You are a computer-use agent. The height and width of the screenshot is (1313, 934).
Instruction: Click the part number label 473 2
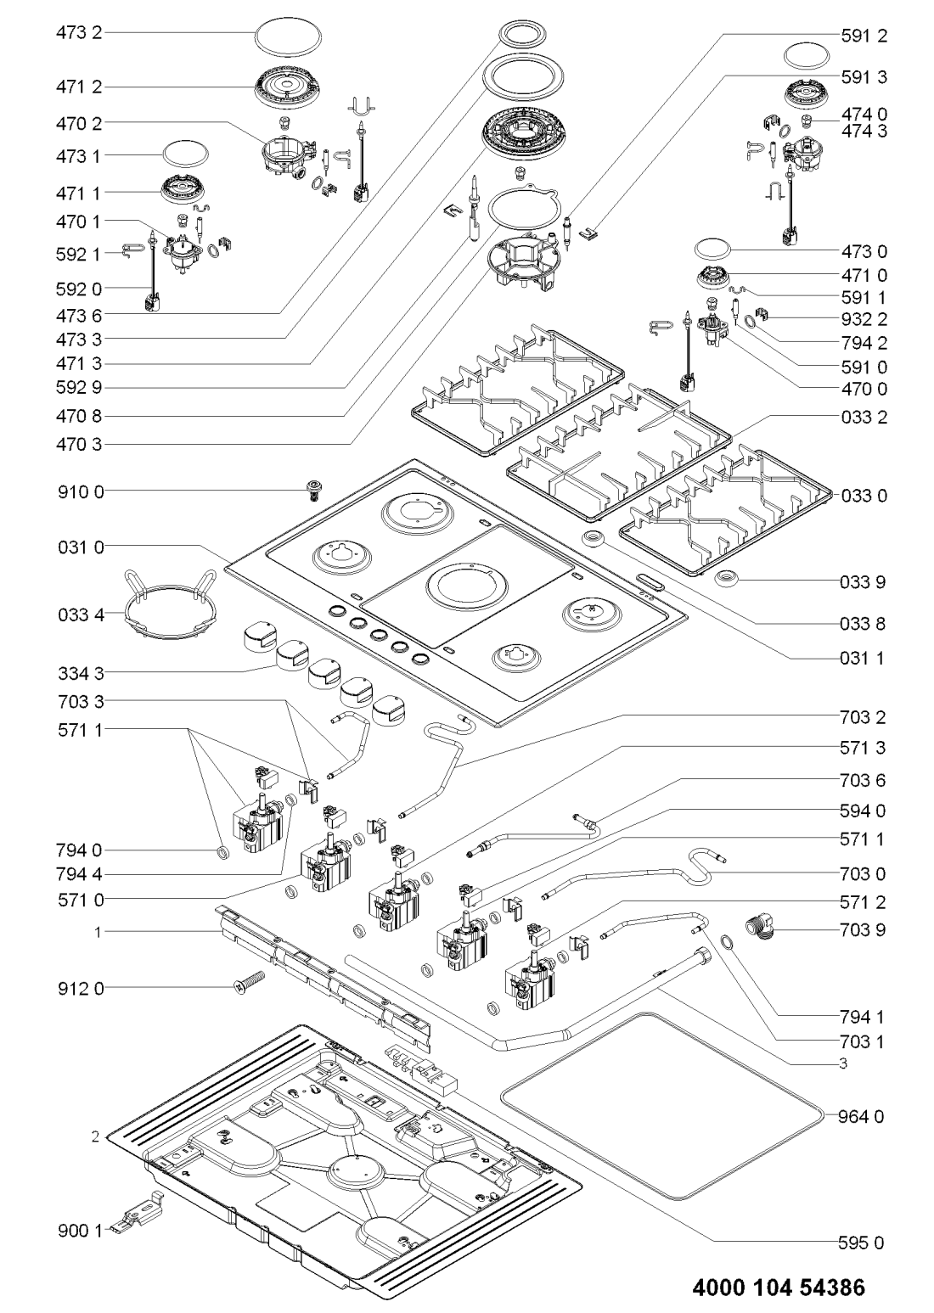point(80,35)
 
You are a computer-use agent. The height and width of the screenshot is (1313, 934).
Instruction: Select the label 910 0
point(80,491)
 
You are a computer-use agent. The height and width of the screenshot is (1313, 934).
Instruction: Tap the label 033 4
point(80,612)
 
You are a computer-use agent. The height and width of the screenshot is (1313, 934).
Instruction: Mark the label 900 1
point(80,1231)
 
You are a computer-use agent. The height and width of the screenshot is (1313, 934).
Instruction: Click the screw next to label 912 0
point(249,984)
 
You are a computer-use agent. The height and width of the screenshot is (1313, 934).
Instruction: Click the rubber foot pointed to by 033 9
point(727,580)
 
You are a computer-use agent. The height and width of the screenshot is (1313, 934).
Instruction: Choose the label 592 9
point(80,390)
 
